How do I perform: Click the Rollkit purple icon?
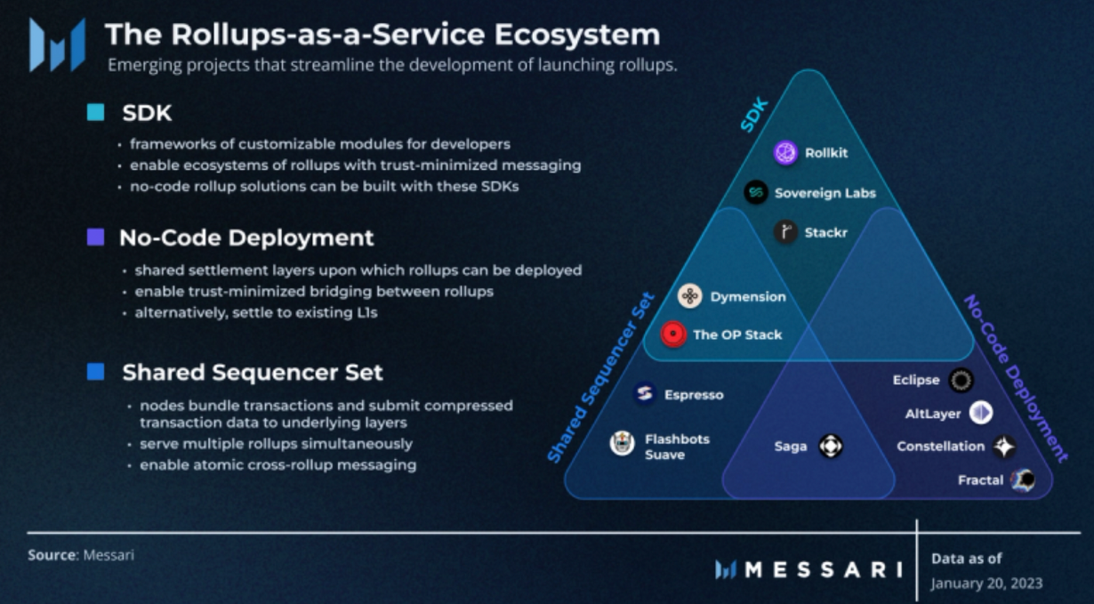point(785,153)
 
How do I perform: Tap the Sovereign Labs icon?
point(756,192)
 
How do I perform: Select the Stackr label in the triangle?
point(825,233)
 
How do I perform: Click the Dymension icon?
point(690,296)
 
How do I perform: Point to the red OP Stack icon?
point(673,334)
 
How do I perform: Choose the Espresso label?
point(694,394)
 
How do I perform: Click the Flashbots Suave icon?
point(623,442)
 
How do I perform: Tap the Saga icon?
point(830,446)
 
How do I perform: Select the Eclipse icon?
point(960,381)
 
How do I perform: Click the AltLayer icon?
point(980,413)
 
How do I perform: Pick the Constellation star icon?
point(1004,447)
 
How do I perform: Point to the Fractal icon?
point(1023,480)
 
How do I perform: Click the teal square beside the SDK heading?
point(95,113)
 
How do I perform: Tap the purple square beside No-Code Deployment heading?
point(95,238)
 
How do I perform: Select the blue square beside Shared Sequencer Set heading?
point(95,372)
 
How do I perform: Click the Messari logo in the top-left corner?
point(57,44)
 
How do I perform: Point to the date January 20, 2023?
point(986,584)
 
